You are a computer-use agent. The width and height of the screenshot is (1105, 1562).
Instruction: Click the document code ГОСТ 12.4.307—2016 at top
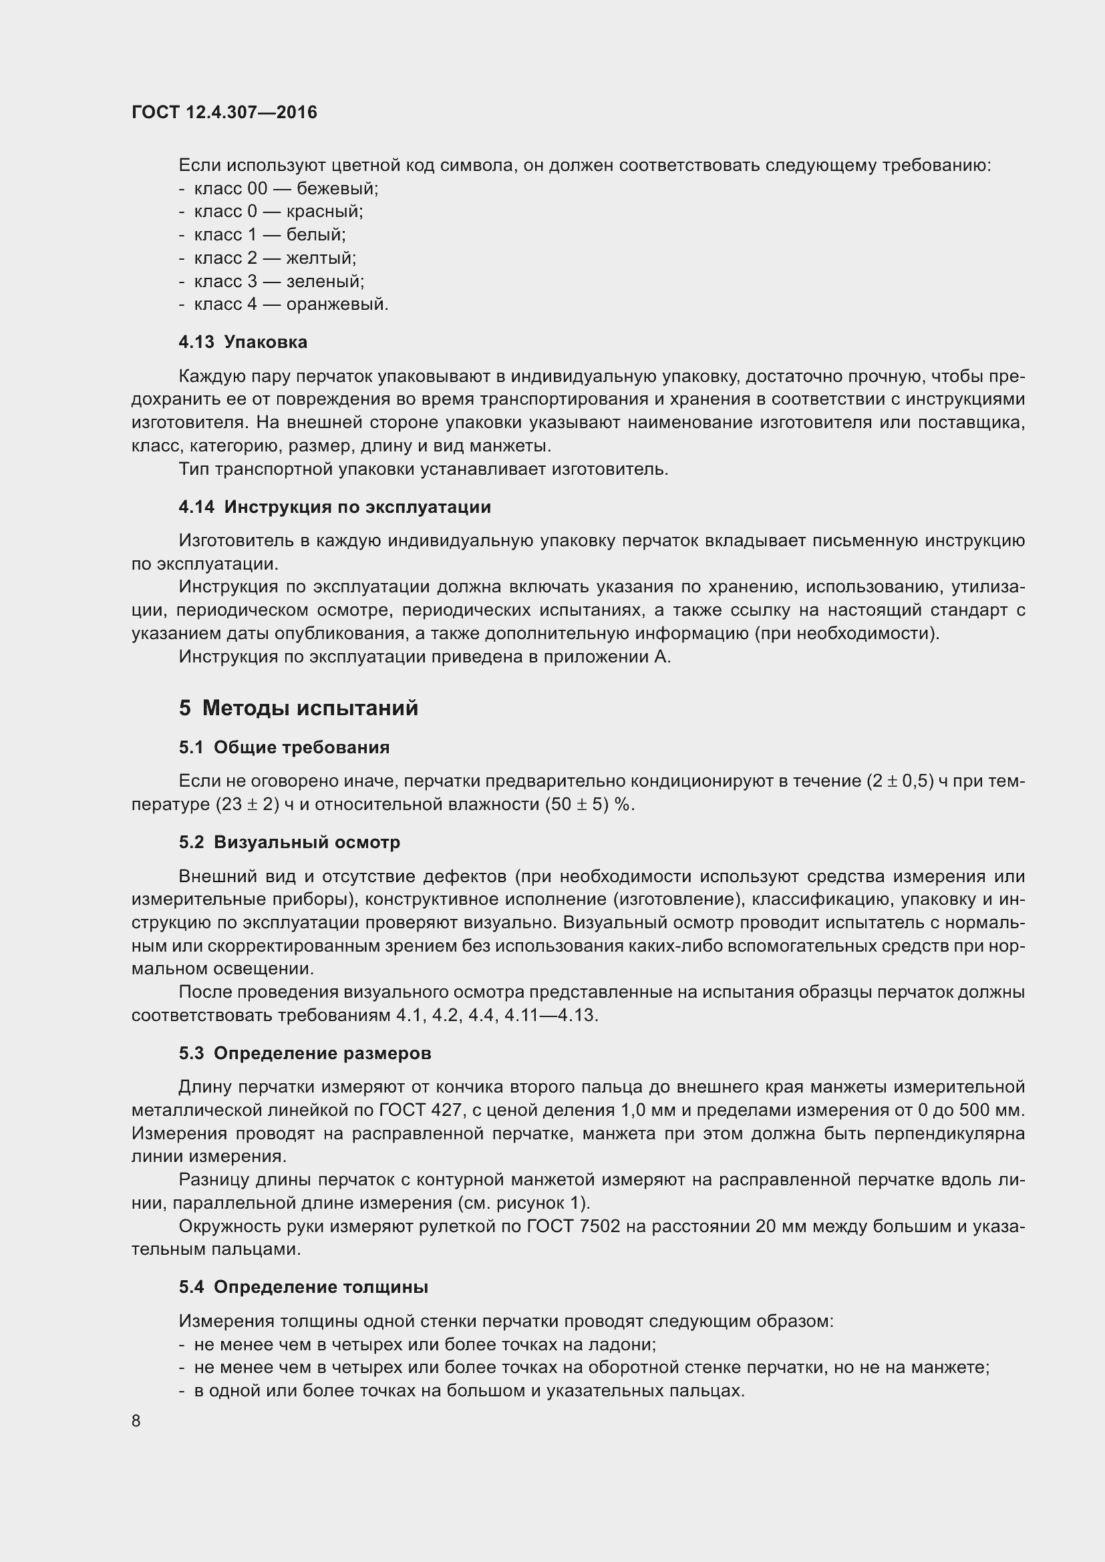pos(224,112)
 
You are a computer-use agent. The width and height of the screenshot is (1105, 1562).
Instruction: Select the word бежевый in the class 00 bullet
pos(337,188)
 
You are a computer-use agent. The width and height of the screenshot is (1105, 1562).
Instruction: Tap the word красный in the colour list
pos(324,212)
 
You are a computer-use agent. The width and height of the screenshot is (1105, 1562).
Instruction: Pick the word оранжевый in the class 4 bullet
pos(337,304)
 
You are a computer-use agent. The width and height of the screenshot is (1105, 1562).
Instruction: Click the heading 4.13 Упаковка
pos(243,342)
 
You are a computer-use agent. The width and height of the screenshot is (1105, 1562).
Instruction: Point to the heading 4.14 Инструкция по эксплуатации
pos(335,507)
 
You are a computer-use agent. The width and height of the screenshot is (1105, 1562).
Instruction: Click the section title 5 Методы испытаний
pos(299,708)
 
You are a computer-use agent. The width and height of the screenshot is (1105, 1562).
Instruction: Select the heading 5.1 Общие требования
pos(285,747)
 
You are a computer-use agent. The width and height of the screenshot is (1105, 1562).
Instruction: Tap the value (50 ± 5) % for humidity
pos(589,804)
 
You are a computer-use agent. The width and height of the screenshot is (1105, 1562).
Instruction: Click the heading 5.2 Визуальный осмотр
pos(289,842)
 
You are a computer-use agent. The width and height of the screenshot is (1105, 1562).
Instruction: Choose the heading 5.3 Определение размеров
pos(305,1053)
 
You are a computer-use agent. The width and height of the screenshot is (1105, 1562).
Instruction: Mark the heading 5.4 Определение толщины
pos(303,1287)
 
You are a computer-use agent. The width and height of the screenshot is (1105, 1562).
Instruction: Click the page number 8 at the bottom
pos(136,1421)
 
